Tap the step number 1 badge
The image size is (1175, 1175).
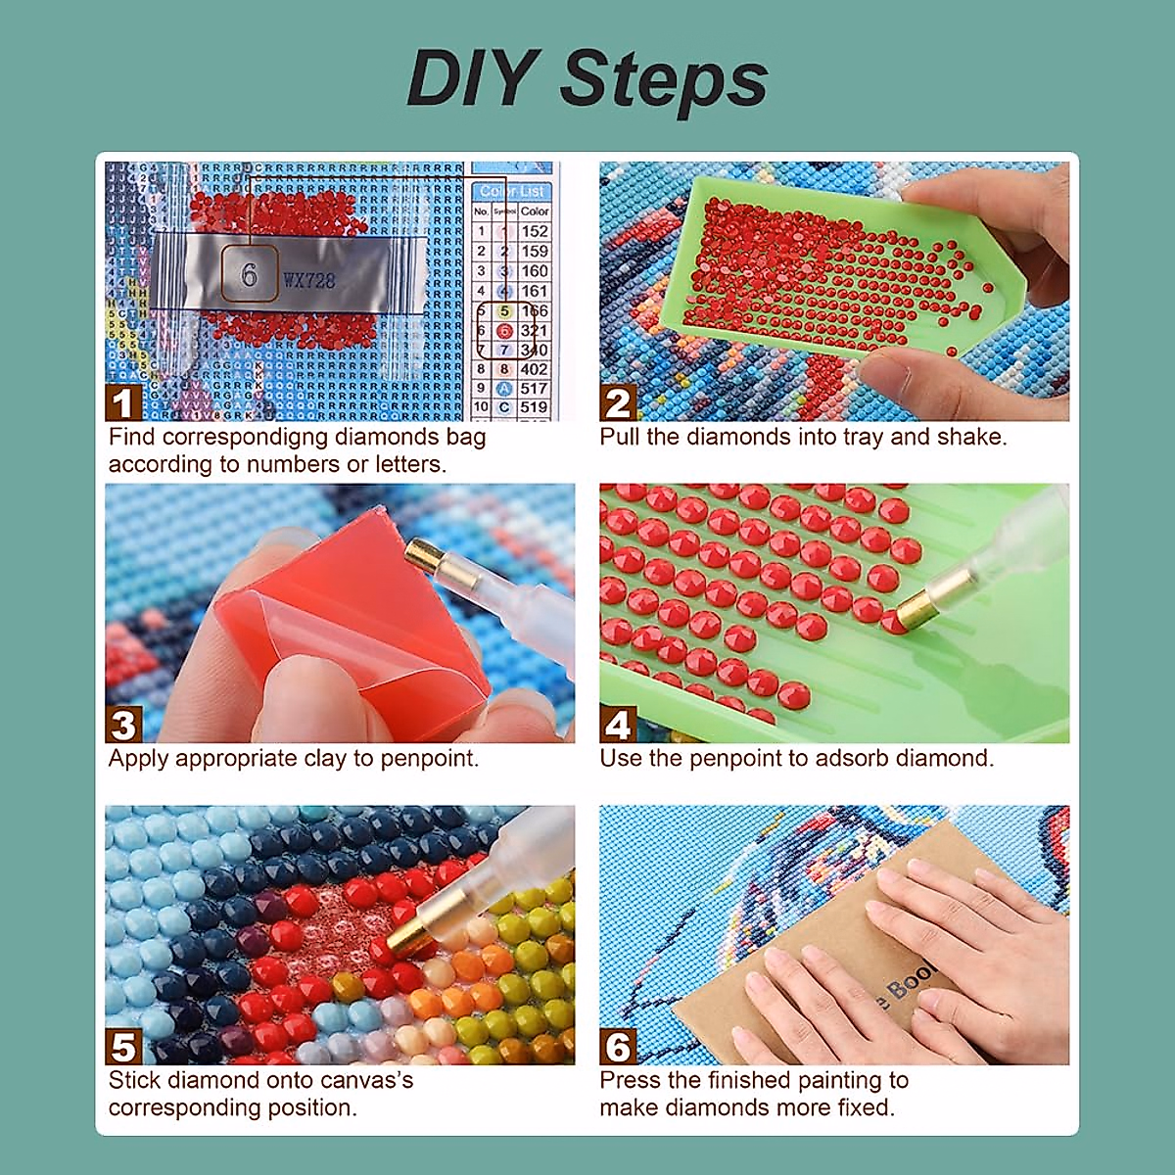[x=122, y=403]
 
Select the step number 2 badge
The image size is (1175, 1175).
[x=618, y=403]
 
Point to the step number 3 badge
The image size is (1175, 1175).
[x=122, y=726]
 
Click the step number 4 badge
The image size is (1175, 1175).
[x=618, y=726]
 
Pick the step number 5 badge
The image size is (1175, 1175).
[x=122, y=1047]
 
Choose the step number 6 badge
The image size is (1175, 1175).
[x=618, y=1047]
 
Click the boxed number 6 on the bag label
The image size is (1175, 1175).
[x=249, y=275]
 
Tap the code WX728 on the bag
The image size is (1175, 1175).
[x=309, y=281]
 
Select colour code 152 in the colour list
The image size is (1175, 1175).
[x=535, y=231]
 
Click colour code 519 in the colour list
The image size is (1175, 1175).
[x=534, y=407]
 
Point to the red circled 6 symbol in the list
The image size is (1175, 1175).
[x=504, y=331]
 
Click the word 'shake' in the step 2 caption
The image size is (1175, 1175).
[x=970, y=437]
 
